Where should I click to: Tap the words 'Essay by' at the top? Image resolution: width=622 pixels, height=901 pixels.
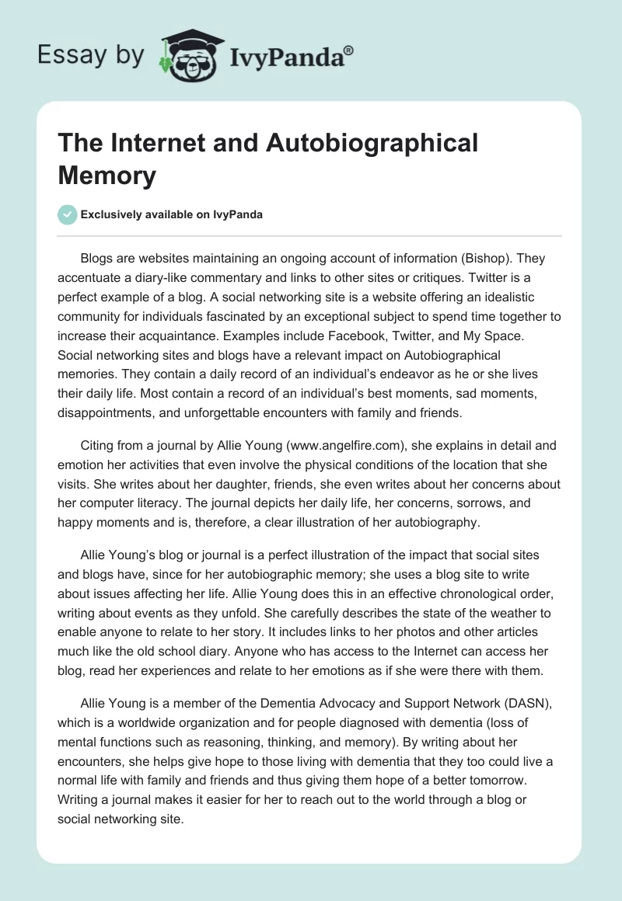point(92,54)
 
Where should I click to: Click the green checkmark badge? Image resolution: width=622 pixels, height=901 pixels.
point(68,214)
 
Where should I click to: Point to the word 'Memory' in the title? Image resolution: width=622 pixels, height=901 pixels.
point(107,175)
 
